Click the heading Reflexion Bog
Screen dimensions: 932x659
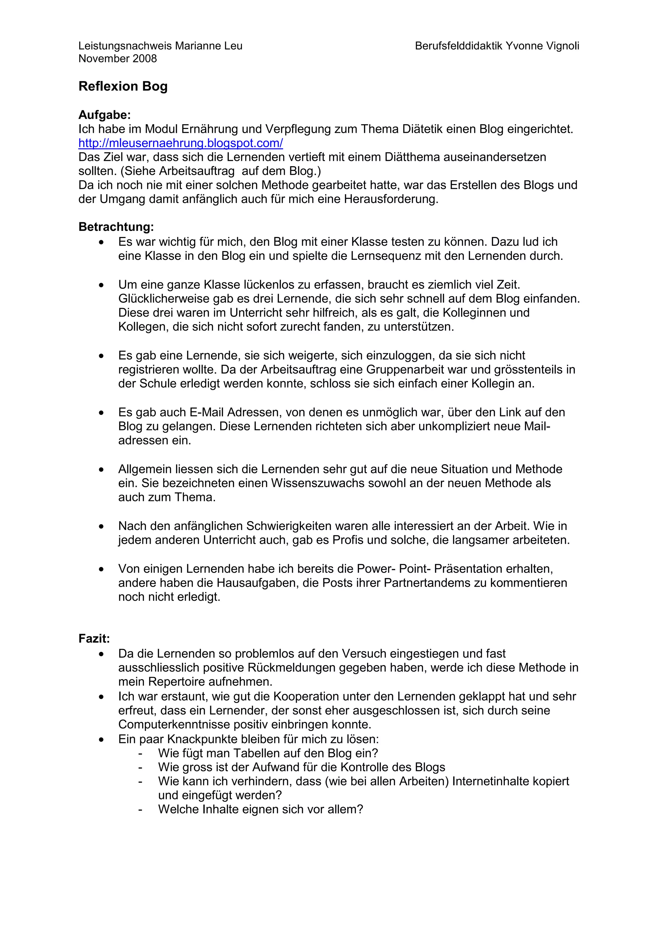click(123, 87)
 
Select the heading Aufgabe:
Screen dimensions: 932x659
click(104, 115)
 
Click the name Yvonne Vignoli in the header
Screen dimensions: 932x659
click(542, 46)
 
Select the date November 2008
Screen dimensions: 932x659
click(117, 59)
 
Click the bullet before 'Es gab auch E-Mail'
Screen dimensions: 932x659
click(101, 413)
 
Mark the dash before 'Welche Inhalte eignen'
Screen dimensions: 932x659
click(140, 810)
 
